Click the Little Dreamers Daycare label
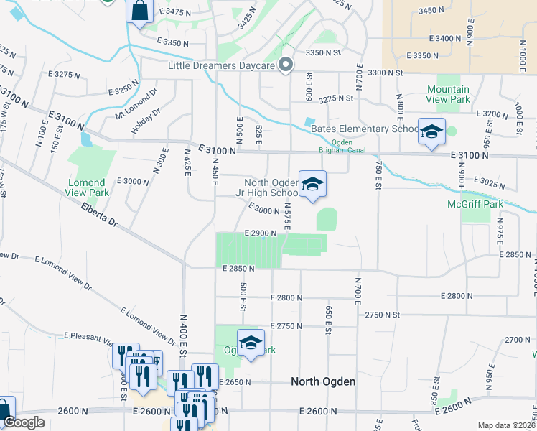click(221, 66)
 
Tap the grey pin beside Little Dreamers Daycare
click(285, 65)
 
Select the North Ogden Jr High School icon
click(312, 185)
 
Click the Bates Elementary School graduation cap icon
click(431, 133)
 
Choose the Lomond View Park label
click(88, 187)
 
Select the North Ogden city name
click(323, 381)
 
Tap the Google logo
click(24, 422)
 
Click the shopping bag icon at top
click(139, 11)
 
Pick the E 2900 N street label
click(260, 233)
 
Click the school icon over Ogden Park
click(251, 343)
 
